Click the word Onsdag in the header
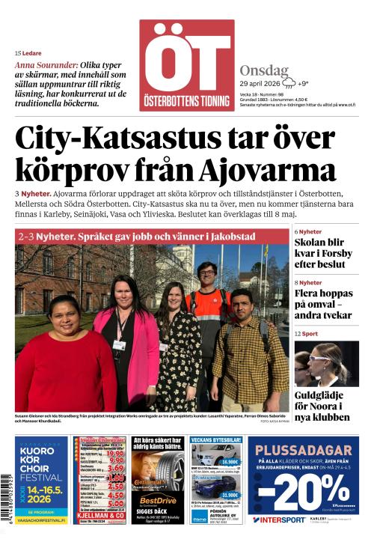(x=264, y=71)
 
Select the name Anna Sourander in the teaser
(x=46, y=65)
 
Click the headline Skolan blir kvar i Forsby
(x=322, y=253)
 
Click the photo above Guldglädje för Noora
(x=326, y=363)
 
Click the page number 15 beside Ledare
(x=17, y=53)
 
